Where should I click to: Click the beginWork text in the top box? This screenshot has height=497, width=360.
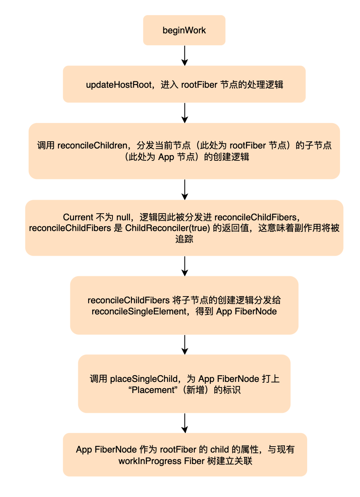[184, 31]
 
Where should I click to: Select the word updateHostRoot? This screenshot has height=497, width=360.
[119, 85]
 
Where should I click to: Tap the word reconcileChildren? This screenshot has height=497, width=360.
[93, 146]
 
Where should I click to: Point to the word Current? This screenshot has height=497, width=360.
[78, 217]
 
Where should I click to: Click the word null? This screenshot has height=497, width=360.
[123, 217]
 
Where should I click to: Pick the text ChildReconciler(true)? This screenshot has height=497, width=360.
[167, 228]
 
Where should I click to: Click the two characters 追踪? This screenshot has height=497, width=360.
[184, 239]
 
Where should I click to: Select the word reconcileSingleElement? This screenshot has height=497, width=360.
[139, 312]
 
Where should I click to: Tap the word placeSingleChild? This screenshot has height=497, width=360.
[144, 379]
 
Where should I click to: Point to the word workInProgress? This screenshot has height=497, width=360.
[150, 461]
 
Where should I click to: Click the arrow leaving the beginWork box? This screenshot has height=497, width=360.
[185, 56]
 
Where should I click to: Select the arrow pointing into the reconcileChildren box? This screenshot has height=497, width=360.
[185, 113]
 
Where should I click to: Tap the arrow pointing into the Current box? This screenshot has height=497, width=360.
[185, 189]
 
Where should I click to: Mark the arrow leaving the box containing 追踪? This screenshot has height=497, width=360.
[185, 266]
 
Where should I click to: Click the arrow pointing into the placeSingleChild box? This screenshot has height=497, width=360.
[185, 345]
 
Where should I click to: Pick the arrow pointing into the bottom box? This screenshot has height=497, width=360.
[185, 423]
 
